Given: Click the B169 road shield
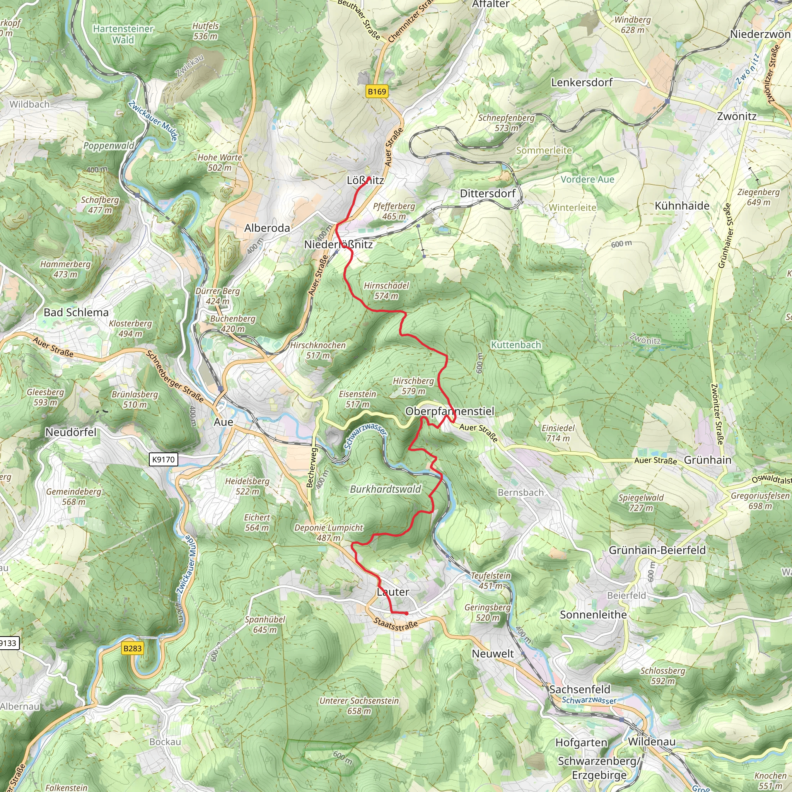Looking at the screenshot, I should pyautogui.click(x=377, y=91).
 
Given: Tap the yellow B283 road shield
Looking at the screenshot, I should pyautogui.click(x=132, y=648).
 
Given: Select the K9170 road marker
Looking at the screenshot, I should pyautogui.click(x=163, y=459).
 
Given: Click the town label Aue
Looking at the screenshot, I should pyautogui.click(x=224, y=422).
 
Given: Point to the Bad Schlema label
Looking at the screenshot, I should pyautogui.click(x=76, y=312).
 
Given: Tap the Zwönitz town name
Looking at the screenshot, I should pyautogui.click(x=737, y=116).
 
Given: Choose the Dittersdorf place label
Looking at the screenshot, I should pyautogui.click(x=488, y=193).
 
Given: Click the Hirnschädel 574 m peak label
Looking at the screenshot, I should pyautogui.click(x=386, y=291).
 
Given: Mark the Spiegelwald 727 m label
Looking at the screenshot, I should pyautogui.click(x=641, y=503).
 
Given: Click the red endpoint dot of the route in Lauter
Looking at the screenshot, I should pyautogui.click(x=406, y=613).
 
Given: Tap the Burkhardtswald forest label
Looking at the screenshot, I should pyautogui.click(x=385, y=489).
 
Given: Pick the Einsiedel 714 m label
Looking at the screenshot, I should pyautogui.click(x=558, y=433).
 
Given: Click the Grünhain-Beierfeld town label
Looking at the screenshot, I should pyautogui.click(x=657, y=550).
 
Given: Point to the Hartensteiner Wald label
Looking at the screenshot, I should pyautogui.click(x=123, y=34).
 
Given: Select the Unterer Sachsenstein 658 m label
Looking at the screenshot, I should pyautogui.click(x=359, y=706).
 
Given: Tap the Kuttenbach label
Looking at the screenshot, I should pyautogui.click(x=516, y=345).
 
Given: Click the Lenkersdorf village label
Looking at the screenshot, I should pyautogui.click(x=582, y=82).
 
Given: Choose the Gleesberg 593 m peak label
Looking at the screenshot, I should pyautogui.click(x=46, y=397).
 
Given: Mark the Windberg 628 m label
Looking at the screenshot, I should pyautogui.click(x=633, y=25).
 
